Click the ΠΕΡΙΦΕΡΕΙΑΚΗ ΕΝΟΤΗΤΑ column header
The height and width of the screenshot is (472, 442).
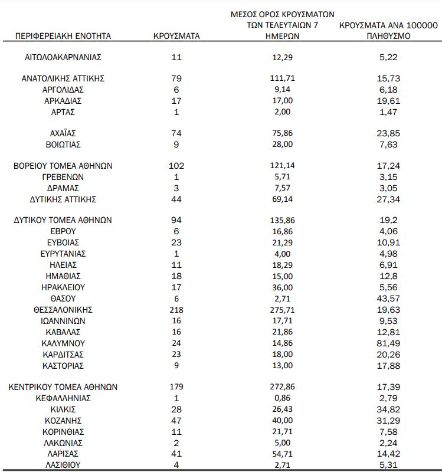63,36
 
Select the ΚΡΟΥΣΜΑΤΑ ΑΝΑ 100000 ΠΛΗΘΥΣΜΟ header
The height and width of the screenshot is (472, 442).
388,31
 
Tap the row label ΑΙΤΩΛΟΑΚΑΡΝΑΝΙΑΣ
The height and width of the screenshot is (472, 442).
63,57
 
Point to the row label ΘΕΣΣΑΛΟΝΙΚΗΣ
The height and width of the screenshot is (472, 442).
63,310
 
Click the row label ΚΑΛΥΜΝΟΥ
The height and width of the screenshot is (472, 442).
63,343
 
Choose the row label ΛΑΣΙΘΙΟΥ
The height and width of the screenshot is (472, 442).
63,466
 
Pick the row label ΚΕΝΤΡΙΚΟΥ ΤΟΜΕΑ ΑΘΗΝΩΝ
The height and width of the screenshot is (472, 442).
63,387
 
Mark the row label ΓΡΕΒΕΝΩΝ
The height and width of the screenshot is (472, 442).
63,176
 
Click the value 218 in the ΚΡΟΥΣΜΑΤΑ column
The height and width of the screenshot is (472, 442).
176,310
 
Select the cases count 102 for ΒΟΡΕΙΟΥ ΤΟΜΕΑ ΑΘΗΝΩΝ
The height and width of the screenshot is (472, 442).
176,166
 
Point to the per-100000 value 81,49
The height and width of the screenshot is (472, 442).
388,343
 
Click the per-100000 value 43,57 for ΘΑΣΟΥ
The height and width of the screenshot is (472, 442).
388,299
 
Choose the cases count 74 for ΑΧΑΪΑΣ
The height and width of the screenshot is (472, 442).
176,133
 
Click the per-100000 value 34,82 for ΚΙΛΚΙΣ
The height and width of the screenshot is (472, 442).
388,409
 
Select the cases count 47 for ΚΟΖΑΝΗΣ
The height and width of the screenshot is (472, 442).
176,421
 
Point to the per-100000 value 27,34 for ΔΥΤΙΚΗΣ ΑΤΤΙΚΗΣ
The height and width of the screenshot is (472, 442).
388,199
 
